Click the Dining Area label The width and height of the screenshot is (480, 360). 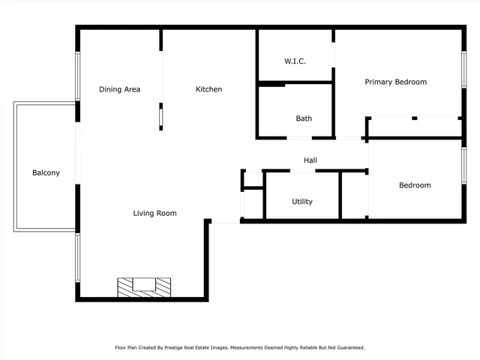(119, 89)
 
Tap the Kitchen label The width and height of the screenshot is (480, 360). (208, 89)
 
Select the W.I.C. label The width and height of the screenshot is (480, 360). (295, 61)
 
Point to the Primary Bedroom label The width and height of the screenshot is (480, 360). (395, 82)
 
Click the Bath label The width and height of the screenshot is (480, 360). (304, 118)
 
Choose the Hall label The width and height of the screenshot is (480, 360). (310, 160)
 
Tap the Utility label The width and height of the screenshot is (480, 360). (302, 202)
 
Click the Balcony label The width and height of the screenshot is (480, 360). (46, 173)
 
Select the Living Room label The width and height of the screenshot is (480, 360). (154, 213)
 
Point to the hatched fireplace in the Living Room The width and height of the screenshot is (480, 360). (142, 286)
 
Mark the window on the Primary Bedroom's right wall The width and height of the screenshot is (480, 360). (463, 73)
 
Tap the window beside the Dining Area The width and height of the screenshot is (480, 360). (77, 75)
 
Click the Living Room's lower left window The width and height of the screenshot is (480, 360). (77, 257)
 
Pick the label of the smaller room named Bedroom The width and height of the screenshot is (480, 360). (415, 185)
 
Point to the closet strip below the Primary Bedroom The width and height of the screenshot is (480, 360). (415, 127)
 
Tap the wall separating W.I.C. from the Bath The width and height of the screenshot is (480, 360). (295, 82)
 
